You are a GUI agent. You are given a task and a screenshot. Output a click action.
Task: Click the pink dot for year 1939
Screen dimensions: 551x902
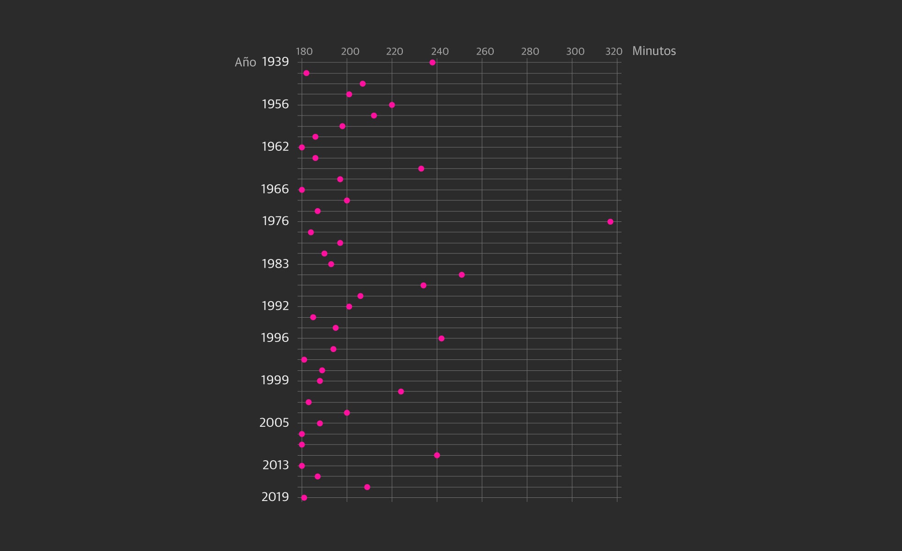[x=432, y=62]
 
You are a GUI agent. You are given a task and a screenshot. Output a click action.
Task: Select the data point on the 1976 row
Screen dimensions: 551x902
[x=610, y=222]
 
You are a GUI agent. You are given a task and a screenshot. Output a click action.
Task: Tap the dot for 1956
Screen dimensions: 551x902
[x=392, y=105]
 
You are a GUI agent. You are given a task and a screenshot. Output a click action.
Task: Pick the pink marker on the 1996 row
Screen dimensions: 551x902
[x=441, y=339]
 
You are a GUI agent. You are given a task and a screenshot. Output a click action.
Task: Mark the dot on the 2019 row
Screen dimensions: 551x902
[x=304, y=498]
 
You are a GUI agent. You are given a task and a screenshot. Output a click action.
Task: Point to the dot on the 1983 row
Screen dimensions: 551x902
[x=331, y=264]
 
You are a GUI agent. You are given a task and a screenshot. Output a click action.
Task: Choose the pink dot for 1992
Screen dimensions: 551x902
[x=349, y=307]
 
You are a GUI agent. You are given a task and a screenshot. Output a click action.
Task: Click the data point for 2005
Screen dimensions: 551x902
[x=320, y=424]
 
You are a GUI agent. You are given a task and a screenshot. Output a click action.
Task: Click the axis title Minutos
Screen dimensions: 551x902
[x=654, y=51]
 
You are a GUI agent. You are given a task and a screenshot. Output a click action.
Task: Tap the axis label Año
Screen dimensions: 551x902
[x=245, y=62]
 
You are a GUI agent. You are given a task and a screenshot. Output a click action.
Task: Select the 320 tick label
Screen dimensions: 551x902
[x=614, y=51]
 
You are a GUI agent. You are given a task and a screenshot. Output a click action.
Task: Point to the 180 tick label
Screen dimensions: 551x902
[x=304, y=51]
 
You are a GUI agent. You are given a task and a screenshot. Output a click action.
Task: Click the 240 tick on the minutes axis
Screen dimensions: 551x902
[x=440, y=51]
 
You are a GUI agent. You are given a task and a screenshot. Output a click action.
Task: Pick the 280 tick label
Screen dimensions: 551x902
[x=530, y=51]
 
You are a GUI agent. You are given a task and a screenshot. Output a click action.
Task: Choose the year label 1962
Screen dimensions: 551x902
[x=275, y=147]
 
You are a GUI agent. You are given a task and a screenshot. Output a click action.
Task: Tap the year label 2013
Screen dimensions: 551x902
[x=275, y=465]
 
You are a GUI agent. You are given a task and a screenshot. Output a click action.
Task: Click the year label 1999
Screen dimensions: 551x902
[x=275, y=380]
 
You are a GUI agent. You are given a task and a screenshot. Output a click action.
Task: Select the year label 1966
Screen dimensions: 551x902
[x=275, y=189]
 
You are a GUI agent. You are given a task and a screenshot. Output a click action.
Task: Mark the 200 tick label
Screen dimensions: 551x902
[x=350, y=51]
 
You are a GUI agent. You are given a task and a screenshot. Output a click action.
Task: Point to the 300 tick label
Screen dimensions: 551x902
[x=575, y=51]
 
